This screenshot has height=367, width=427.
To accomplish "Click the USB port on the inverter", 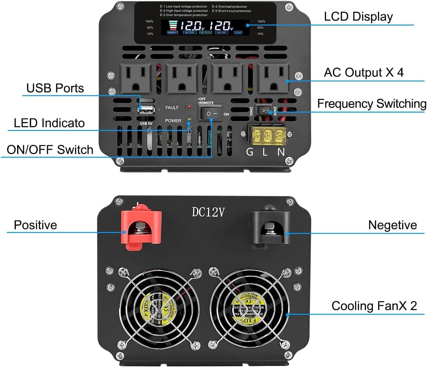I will tap(146, 109).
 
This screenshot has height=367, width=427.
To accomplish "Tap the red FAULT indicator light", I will tap(189, 107).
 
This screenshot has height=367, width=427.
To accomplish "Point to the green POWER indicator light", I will tap(188, 120).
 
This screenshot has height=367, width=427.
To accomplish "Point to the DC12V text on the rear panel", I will tap(208, 212).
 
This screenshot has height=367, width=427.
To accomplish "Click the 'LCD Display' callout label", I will tap(358, 16).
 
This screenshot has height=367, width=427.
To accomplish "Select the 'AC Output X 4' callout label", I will tap(364, 72).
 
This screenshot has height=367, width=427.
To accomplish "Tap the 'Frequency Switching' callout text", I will tap(372, 104).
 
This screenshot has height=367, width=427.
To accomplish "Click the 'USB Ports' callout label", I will tap(55, 88).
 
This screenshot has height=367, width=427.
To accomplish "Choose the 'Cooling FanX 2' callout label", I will tap(374, 306).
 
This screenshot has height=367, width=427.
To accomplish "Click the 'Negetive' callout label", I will tap(392, 225).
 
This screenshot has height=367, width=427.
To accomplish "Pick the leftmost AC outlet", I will tap(136, 78).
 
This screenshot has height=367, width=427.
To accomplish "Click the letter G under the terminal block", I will tap(249, 152).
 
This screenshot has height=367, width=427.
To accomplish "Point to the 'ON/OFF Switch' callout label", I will tap(50, 150).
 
